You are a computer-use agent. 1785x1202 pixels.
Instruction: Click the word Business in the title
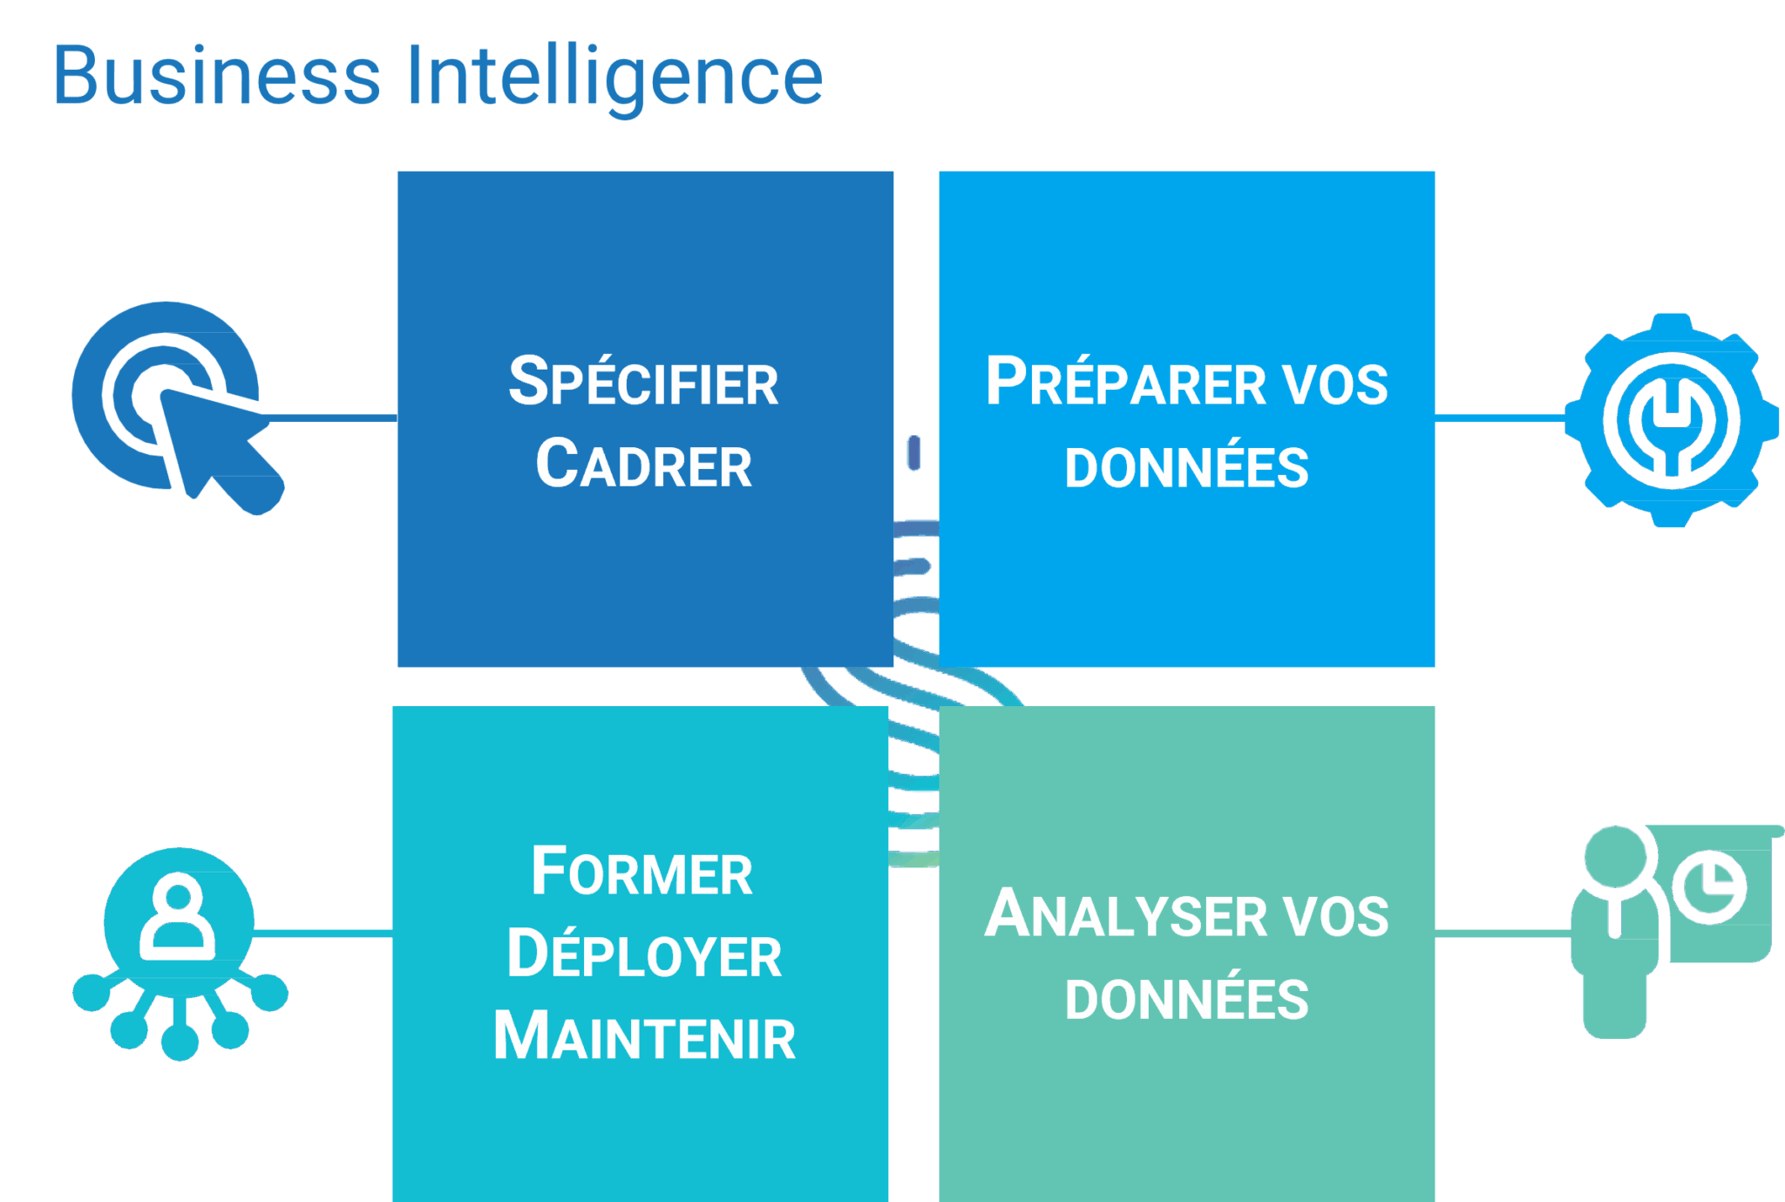217,76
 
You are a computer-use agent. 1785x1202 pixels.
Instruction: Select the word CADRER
643,465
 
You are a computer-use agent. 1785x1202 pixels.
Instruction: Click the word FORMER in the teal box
642,872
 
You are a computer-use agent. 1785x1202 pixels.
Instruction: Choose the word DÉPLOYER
644,954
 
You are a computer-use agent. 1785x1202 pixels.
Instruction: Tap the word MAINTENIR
644,1036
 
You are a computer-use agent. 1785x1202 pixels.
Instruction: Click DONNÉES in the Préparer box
1186,467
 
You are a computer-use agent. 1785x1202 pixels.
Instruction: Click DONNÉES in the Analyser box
1186,999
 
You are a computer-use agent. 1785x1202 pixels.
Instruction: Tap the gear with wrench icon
1671,419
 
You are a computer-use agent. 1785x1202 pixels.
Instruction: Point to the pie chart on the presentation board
1709,886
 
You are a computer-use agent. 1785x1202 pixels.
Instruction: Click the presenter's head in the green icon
1615,857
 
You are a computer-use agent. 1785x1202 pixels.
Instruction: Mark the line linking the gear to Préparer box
1499,419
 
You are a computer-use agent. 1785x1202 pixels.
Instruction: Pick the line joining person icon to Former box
322,934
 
